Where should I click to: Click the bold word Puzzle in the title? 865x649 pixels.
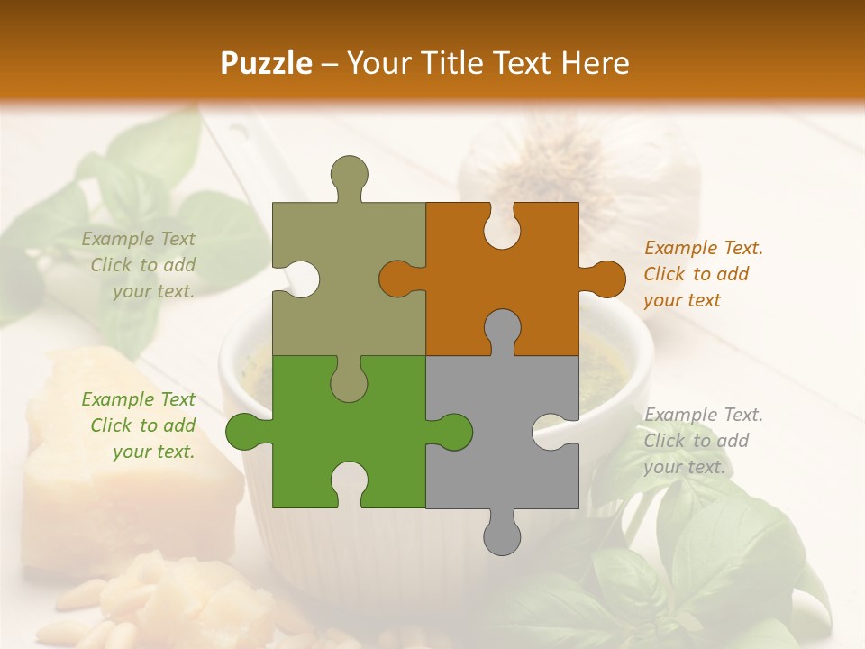click(266, 63)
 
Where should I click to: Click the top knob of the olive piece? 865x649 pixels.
click(349, 176)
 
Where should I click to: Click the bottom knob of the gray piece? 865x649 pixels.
click(502, 533)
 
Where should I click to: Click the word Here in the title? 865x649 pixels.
click(596, 63)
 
